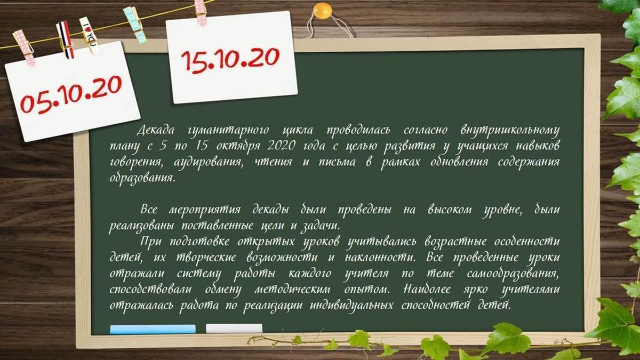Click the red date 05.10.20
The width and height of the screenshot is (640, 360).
(71, 94)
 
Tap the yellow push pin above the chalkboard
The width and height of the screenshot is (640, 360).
(322, 11)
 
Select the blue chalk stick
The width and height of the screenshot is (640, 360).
(153, 329)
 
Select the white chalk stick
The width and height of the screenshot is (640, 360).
(234, 329)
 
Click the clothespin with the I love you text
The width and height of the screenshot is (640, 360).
(89, 35)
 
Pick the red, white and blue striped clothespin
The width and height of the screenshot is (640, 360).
(65, 39)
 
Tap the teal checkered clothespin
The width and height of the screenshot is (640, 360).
(134, 25)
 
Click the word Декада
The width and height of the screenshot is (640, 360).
(155, 130)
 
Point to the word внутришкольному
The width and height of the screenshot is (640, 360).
(510, 131)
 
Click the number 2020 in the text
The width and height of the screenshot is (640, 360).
(281, 146)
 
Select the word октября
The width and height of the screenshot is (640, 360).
(238, 146)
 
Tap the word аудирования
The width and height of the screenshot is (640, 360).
(208, 163)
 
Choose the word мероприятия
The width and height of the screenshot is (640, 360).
(205, 210)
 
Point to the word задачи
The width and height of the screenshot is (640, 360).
(321, 226)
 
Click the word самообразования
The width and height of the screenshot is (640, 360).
(513, 274)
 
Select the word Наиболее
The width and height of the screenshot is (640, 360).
(427, 290)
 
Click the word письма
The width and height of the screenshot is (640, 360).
(337, 162)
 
